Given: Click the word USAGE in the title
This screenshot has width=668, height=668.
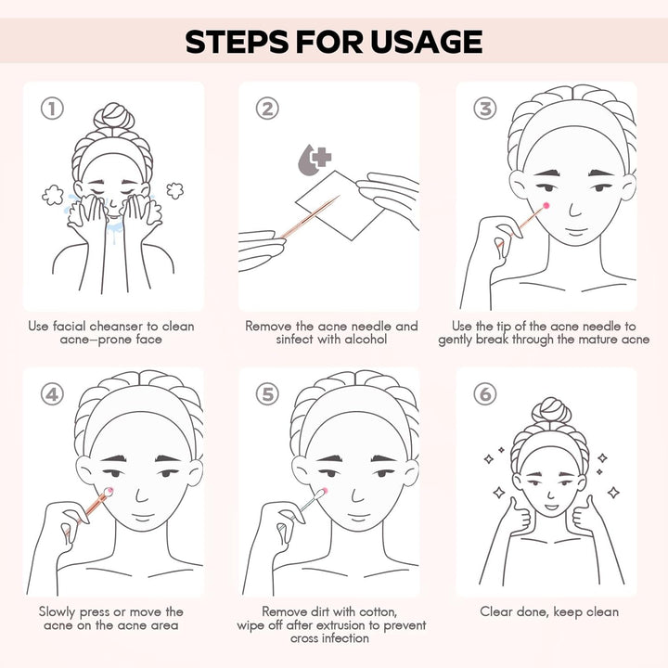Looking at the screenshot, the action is [x=426, y=42].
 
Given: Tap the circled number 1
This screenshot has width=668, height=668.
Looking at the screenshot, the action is [x=52, y=109].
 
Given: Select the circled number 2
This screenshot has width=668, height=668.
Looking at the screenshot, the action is [x=267, y=109].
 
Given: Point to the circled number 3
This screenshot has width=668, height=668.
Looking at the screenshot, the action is [x=485, y=109].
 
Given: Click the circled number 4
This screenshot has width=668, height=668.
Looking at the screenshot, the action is [x=52, y=394].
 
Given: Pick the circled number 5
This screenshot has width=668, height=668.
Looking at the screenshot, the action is [x=267, y=394].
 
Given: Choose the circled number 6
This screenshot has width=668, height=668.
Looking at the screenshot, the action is [x=485, y=394].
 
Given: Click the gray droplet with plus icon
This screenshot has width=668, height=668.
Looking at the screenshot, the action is [x=315, y=160].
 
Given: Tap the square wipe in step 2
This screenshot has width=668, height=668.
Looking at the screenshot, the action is [x=340, y=205].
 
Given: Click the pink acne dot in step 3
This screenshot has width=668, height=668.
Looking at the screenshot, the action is [x=546, y=206].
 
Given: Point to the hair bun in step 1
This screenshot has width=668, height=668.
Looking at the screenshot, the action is [x=114, y=115].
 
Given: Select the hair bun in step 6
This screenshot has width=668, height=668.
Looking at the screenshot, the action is [x=551, y=409].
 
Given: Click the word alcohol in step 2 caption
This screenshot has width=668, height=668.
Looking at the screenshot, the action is [x=366, y=340].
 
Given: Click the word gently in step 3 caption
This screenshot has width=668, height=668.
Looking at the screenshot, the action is [x=455, y=340].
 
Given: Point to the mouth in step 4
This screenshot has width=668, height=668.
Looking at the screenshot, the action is [x=143, y=517].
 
